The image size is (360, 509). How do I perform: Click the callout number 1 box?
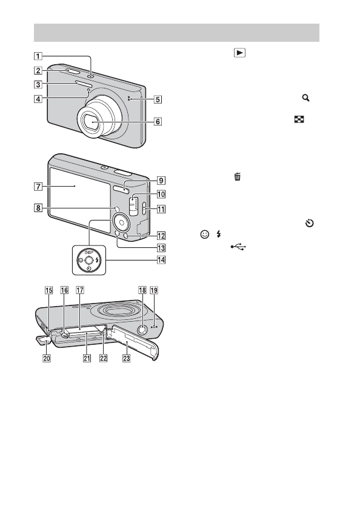point(38,56)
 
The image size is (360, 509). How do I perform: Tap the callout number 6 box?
point(158,121)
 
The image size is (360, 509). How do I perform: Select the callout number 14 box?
point(161,260)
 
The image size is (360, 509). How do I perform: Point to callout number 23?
point(126,358)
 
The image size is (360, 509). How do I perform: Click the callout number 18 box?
point(142,290)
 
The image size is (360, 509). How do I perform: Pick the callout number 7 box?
point(38,187)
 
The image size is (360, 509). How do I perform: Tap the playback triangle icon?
point(239,53)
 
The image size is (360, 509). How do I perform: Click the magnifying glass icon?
point(305,98)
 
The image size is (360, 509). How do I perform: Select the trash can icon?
point(238,177)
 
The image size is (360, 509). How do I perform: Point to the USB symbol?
point(239,247)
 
